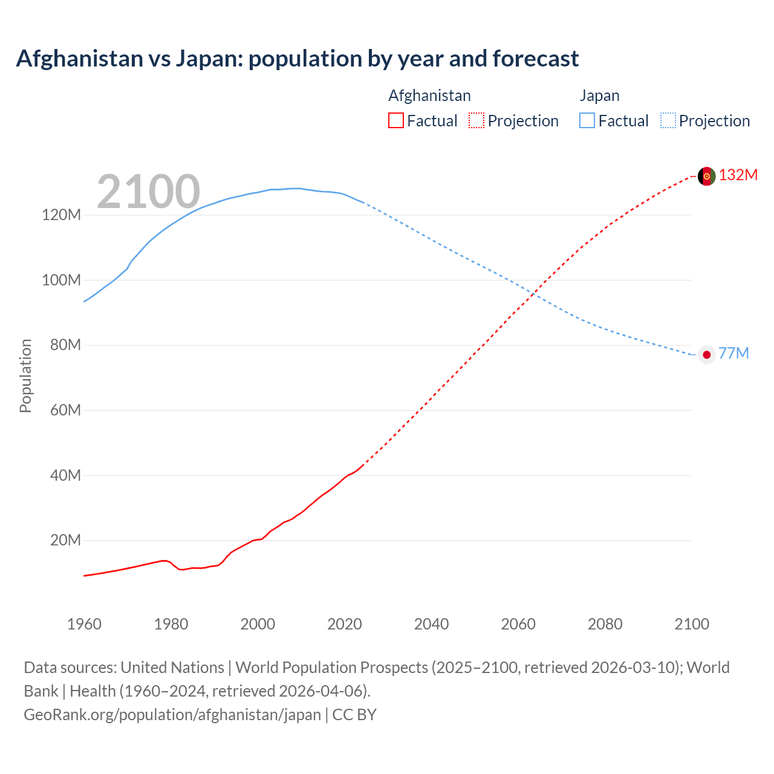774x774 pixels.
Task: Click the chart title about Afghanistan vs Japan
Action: click(x=297, y=59)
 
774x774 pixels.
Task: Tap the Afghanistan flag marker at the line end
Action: click(x=706, y=176)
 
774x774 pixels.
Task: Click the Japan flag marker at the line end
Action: click(x=706, y=354)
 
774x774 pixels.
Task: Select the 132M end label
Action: click(x=738, y=175)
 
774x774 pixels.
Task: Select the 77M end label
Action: click(x=733, y=353)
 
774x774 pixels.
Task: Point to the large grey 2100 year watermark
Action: click(x=148, y=192)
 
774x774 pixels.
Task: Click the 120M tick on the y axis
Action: click(x=61, y=215)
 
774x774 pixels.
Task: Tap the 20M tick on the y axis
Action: click(x=65, y=540)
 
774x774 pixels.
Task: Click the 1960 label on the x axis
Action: click(x=84, y=624)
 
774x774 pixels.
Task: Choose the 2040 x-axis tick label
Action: click(x=431, y=624)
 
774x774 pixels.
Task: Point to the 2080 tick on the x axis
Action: click(x=605, y=624)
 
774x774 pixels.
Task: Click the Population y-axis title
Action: click(x=25, y=376)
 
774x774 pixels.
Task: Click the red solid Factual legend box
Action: click(x=395, y=120)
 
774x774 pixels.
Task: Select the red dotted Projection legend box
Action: click(x=476, y=120)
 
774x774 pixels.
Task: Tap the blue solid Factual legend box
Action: click(x=587, y=120)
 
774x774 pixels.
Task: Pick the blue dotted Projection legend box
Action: click(x=668, y=120)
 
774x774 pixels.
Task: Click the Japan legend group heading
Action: click(x=599, y=96)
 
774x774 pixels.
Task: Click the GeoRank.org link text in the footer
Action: click(x=172, y=714)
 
